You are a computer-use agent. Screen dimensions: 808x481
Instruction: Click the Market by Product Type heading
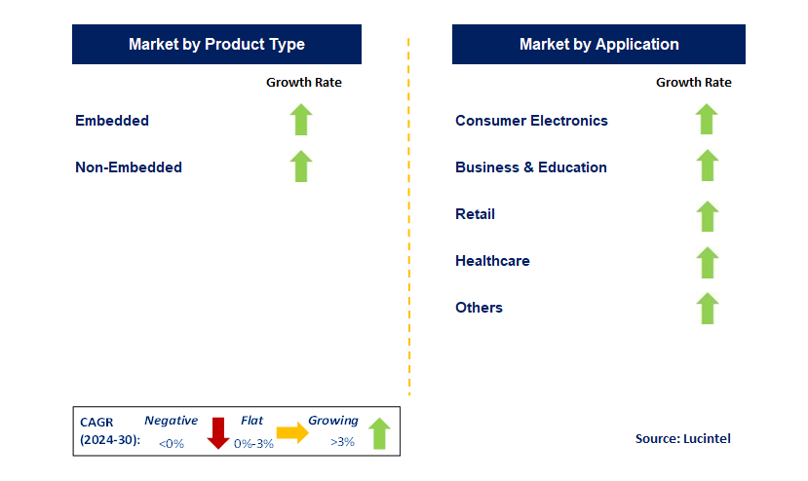[216, 44]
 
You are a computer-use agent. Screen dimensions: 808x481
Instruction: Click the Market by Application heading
[598, 44]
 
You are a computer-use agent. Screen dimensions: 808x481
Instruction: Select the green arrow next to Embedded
[301, 120]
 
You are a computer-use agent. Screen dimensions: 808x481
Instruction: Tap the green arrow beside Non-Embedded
[301, 166]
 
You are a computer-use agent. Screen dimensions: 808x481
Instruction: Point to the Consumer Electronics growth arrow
[707, 119]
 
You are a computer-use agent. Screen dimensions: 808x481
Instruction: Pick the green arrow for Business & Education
[707, 166]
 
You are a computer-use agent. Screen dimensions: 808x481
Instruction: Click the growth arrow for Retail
[707, 216]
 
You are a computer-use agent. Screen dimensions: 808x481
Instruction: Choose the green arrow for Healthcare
[707, 263]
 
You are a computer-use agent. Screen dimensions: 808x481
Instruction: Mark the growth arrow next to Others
[707, 309]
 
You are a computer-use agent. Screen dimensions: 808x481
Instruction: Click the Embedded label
[112, 121]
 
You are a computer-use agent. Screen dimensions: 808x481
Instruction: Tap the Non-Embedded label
[129, 167]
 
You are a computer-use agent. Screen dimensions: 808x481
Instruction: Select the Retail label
[475, 214]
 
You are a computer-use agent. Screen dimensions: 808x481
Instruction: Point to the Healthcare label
[492, 261]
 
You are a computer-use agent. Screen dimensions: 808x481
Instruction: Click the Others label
[479, 308]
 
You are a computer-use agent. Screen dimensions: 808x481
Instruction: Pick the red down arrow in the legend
[218, 433]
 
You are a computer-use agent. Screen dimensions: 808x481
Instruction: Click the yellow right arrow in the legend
[292, 432]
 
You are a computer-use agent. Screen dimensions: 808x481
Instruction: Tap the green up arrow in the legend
[379, 433]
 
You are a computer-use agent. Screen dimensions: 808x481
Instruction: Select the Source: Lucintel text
[683, 439]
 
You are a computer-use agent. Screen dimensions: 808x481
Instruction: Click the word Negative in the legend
[172, 421]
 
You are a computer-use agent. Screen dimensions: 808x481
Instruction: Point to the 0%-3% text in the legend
[253, 443]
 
